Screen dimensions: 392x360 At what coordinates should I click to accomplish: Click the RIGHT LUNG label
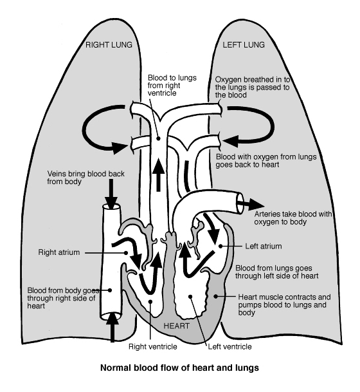[x=110, y=45]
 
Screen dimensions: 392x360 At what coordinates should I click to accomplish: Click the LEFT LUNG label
[x=244, y=45]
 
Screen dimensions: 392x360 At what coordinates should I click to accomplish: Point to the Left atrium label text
[x=264, y=246]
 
